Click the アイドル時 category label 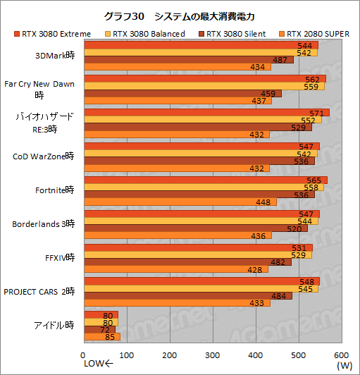pos(54,325)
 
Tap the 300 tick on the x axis pos(213,355)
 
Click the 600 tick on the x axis pos(341,355)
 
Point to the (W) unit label pos(345,365)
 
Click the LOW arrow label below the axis pos(99,364)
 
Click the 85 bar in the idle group pos(102,336)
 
